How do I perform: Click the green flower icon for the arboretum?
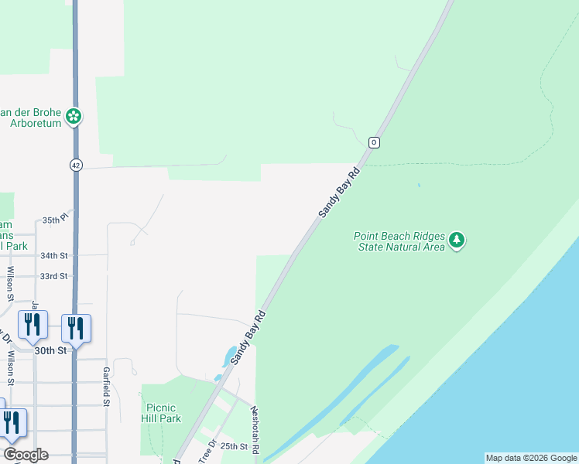[74, 117]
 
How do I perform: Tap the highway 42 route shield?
[75, 165]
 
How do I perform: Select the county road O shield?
[374, 142]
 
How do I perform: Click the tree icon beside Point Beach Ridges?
[457, 241]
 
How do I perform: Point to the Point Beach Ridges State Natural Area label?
[399, 241]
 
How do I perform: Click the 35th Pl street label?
[56, 219]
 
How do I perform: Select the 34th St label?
[54, 255]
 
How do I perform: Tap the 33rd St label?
[54, 276]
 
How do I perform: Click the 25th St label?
[233, 446]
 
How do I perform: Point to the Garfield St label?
[107, 385]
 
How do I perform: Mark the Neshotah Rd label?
[253, 432]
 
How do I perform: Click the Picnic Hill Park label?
[161, 413]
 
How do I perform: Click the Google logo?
[26, 455]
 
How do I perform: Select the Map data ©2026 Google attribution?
[531, 458]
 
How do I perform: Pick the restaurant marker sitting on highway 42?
[76, 328]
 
